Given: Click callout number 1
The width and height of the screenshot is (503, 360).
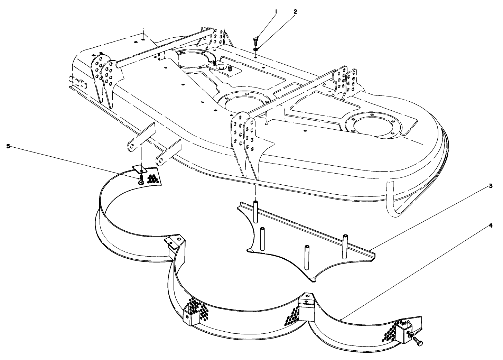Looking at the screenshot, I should point(276,11).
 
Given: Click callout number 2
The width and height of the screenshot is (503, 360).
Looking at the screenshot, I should point(295,11).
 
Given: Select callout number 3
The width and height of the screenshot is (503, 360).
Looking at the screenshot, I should point(490,185).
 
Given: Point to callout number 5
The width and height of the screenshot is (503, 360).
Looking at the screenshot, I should point(8,146).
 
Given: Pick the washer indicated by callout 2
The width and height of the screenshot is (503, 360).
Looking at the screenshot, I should point(255,49).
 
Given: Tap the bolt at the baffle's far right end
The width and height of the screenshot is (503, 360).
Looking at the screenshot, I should point(418,339).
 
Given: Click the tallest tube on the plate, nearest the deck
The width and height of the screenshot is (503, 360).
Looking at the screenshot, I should point(256,211).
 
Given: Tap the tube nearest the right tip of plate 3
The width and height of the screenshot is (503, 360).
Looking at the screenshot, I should point(345,246).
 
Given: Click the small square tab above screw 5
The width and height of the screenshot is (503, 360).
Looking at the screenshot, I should point(140,168).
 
